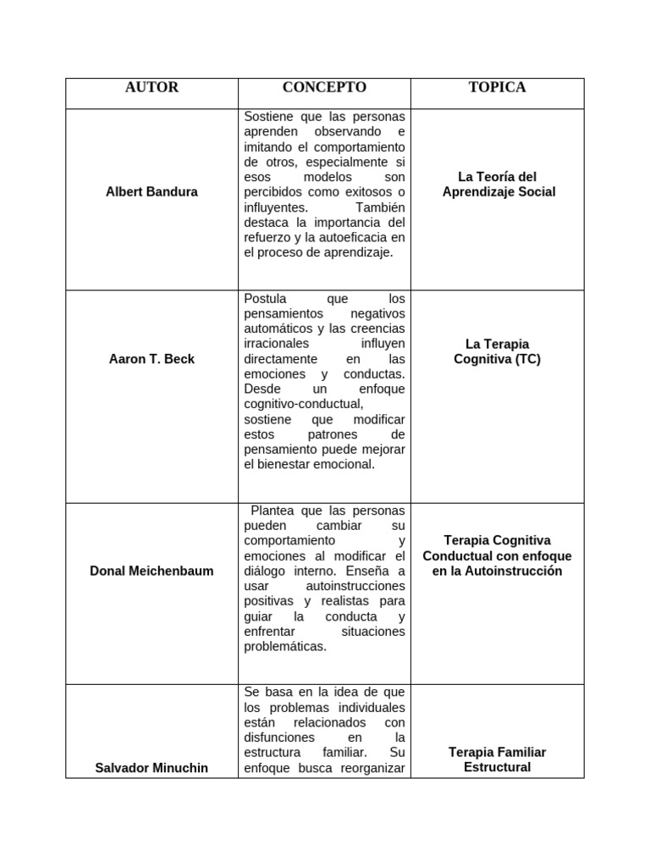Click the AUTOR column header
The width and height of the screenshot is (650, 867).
point(151,88)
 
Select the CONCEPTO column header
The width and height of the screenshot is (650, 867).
point(324,88)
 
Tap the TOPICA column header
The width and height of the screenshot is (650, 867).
point(497,88)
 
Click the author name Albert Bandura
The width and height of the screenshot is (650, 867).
point(151,192)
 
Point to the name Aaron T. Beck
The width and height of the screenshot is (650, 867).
point(151,359)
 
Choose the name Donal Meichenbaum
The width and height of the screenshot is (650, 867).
point(151,571)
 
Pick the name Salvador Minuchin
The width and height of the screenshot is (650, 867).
point(151,768)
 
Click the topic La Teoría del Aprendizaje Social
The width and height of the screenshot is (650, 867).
point(497,185)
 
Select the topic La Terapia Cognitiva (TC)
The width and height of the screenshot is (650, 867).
point(497,351)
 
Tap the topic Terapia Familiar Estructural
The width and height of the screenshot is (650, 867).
point(497,760)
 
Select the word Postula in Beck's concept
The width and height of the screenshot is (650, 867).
point(265,299)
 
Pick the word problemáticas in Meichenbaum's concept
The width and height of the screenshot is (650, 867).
point(284,647)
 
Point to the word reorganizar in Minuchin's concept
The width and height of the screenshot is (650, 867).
point(373,768)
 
